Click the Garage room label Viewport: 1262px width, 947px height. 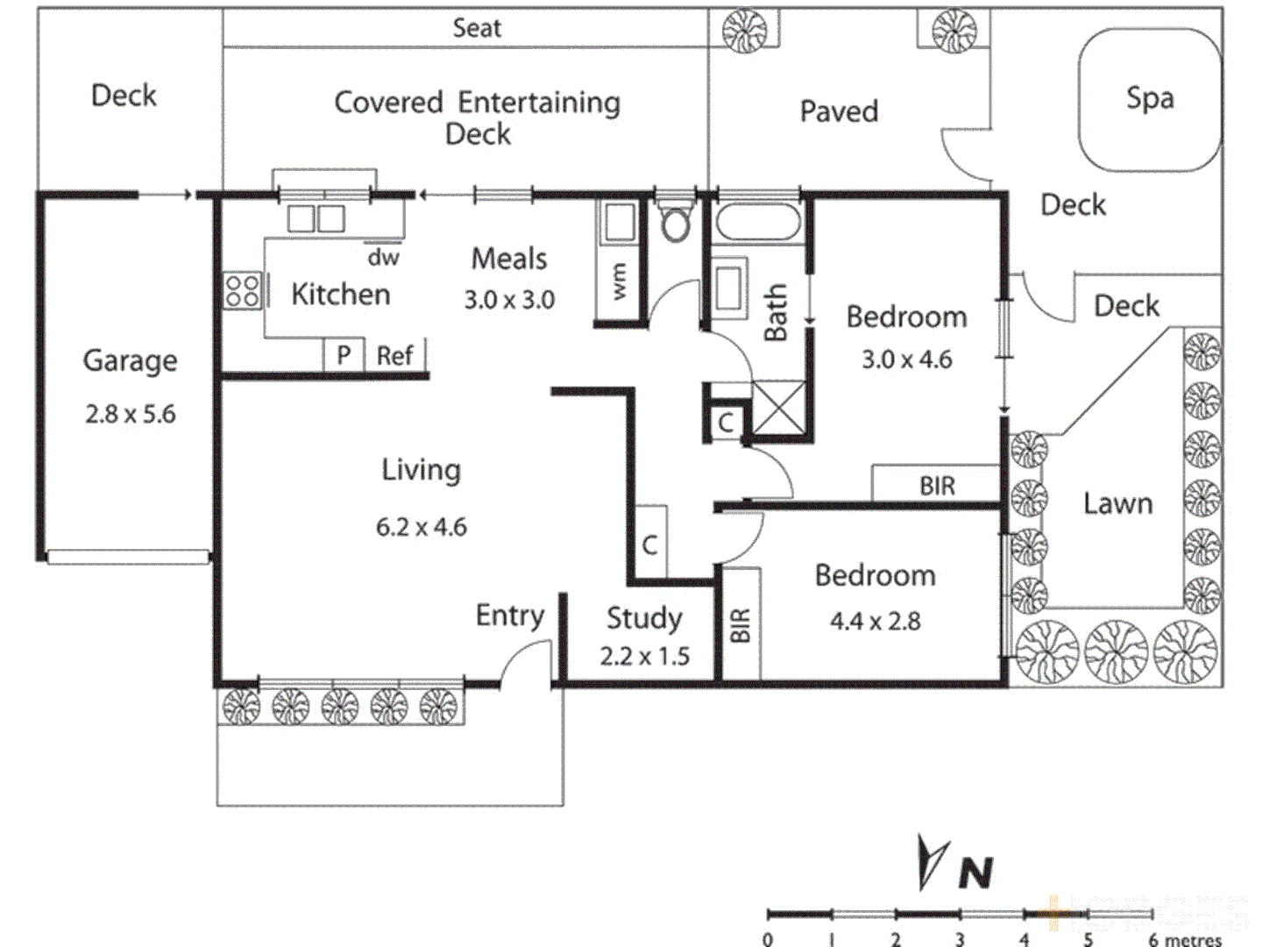pos(130,360)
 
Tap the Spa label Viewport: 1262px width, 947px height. pos(1149,98)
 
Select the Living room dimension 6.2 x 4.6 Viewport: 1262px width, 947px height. pos(422,527)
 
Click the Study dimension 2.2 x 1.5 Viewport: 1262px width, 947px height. pos(644,656)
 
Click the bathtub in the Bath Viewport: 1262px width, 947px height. pos(758,222)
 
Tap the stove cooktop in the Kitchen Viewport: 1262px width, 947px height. pos(243,291)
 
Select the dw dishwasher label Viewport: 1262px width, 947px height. pos(383,257)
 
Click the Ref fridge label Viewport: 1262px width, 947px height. pos(394,356)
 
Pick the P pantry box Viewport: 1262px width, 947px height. pos(344,356)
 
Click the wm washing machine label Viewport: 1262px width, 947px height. pos(620,281)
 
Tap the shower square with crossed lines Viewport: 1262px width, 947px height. pos(778,408)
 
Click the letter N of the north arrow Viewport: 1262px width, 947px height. pos(975,872)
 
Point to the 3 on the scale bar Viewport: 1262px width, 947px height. pos(960,939)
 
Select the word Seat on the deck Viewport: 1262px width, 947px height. pos(477,28)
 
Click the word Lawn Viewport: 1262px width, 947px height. pos(1117,503)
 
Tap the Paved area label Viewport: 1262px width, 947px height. pos(839,111)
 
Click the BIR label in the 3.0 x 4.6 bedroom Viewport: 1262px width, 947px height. pos(937,486)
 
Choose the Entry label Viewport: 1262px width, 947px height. pos(509,616)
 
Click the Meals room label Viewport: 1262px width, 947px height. pos(509,259)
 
